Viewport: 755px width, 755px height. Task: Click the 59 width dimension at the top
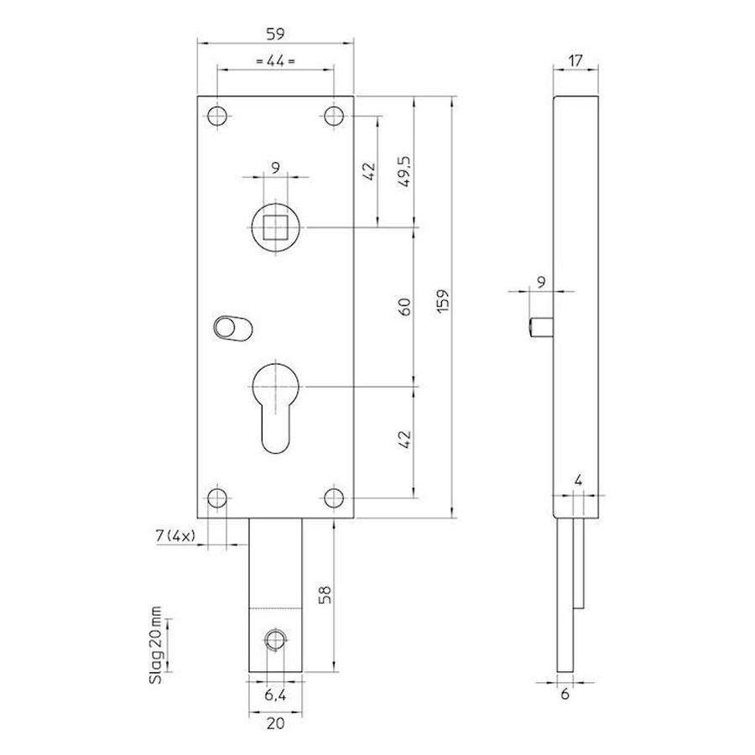tap(275, 34)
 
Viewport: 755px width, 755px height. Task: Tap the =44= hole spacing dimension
tap(275, 61)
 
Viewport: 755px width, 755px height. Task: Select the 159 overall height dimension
tap(444, 300)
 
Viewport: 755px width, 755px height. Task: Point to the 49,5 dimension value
tap(405, 171)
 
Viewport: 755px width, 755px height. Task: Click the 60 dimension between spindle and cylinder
tap(405, 307)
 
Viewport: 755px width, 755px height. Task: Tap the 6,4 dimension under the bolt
tap(275, 695)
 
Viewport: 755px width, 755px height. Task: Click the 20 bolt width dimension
tap(275, 723)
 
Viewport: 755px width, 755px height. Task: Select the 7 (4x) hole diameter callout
tap(176, 535)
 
